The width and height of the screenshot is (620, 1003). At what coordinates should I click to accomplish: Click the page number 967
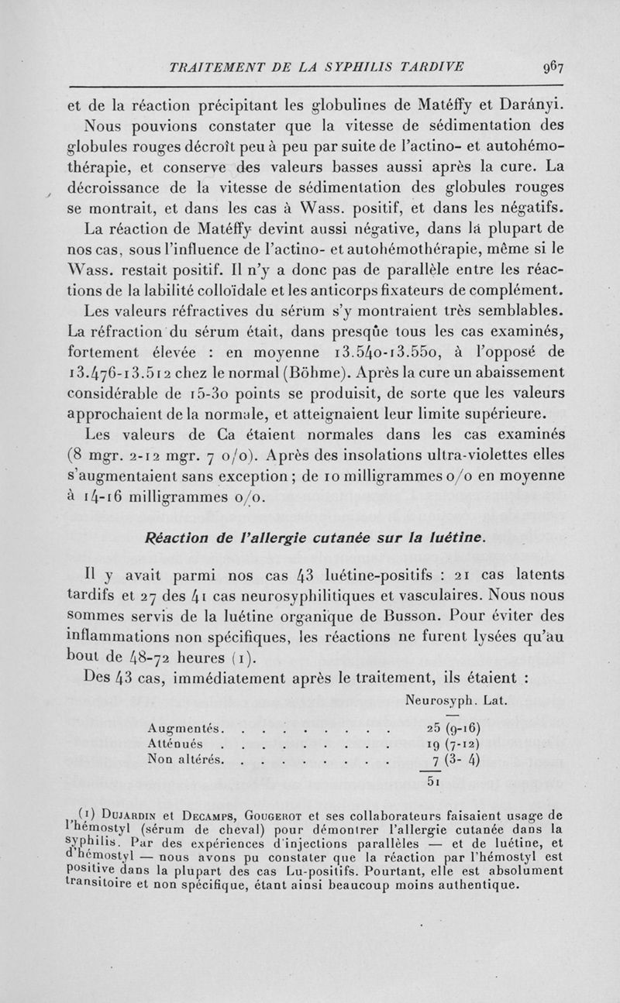pos(553,67)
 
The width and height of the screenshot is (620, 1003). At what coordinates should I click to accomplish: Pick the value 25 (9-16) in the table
pos(454,730)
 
